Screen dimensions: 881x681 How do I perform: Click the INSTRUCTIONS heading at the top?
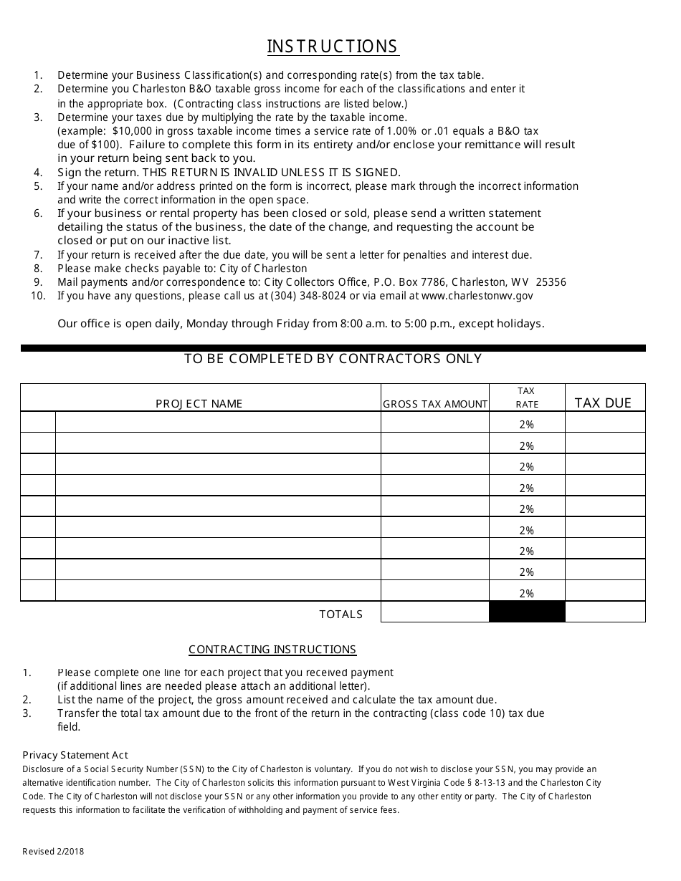(x=333, y=47)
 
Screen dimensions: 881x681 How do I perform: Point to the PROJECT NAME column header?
(x=199, y=404)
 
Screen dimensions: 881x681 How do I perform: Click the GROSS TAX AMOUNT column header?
(x=435, y=404)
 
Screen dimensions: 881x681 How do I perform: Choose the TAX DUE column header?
(x=603, y=403)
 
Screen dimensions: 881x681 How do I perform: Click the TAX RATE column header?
(x=526, y=398)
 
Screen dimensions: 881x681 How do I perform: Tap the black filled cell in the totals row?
(x=527, y=612)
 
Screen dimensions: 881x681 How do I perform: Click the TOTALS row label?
(x=341, y=615)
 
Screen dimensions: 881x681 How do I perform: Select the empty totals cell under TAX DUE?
(x=605, y=612)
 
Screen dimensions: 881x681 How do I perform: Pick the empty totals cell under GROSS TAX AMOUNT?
(x=435, y=612)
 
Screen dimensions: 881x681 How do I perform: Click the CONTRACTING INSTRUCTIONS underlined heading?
(x=272, y=650)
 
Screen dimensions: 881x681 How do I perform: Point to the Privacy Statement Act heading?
(x=75, y=755)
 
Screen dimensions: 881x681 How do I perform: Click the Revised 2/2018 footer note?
(x=53, y=852)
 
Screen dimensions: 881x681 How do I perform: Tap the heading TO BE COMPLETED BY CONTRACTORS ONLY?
(x=333, y=359)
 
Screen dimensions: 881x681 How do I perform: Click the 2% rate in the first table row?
(x=527, y=425)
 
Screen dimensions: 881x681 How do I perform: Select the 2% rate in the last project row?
(x=527, y=594)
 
